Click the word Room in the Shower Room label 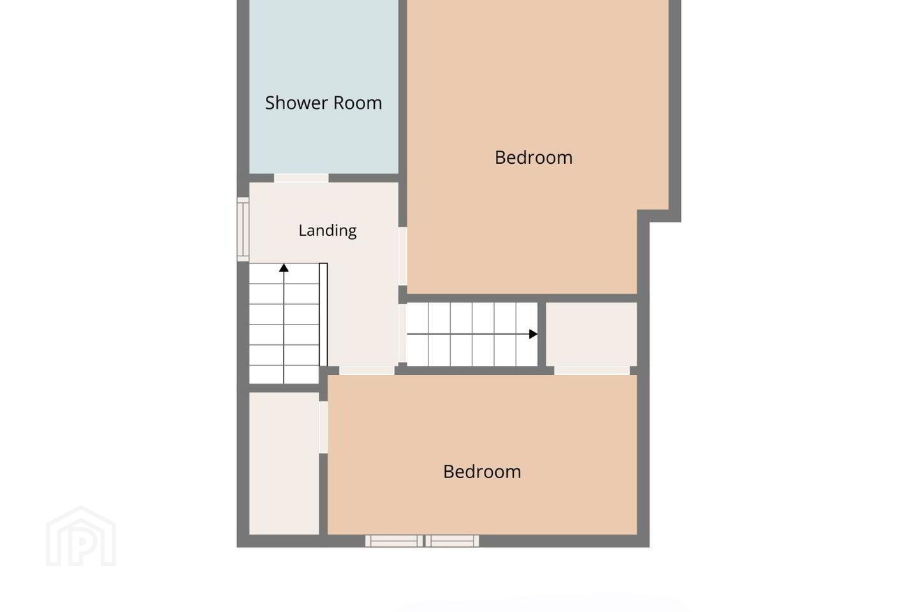point(358,103)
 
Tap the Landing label point(328,231)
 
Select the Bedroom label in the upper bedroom point(534,157)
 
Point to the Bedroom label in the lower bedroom point(482,472)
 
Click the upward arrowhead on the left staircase point(284,268)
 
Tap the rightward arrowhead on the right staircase point(533,334)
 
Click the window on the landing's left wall point(243,229)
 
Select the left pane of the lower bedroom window point(394,541)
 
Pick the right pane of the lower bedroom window point(452,541)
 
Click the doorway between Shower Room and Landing point(301,178)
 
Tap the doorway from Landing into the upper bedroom point(403,256)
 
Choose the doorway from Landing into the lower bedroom point(367,370)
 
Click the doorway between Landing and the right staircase point(403,333)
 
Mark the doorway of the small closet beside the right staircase point(592,370)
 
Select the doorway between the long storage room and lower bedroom point(323,427)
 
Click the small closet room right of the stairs point(592,335)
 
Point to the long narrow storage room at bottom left point(284,463)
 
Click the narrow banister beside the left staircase point(323,314)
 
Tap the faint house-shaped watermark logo point(81,536)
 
